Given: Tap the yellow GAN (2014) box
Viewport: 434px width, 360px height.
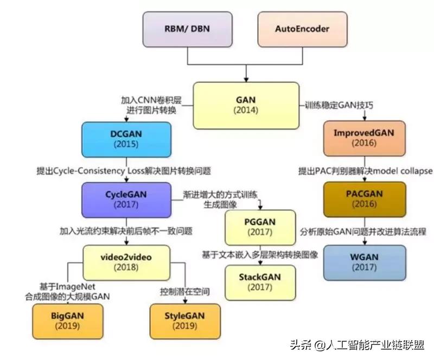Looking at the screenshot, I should pos(246,105).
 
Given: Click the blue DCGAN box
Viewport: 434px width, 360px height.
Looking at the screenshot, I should pos(126,140).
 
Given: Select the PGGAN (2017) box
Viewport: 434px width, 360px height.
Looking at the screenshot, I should pos(260,227).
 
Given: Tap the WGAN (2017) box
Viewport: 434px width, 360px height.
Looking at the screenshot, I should pos(365,263).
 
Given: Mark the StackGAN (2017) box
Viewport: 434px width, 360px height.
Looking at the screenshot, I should pos(260,281).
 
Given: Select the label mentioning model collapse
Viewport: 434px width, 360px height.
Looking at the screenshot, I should pos(365,170).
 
